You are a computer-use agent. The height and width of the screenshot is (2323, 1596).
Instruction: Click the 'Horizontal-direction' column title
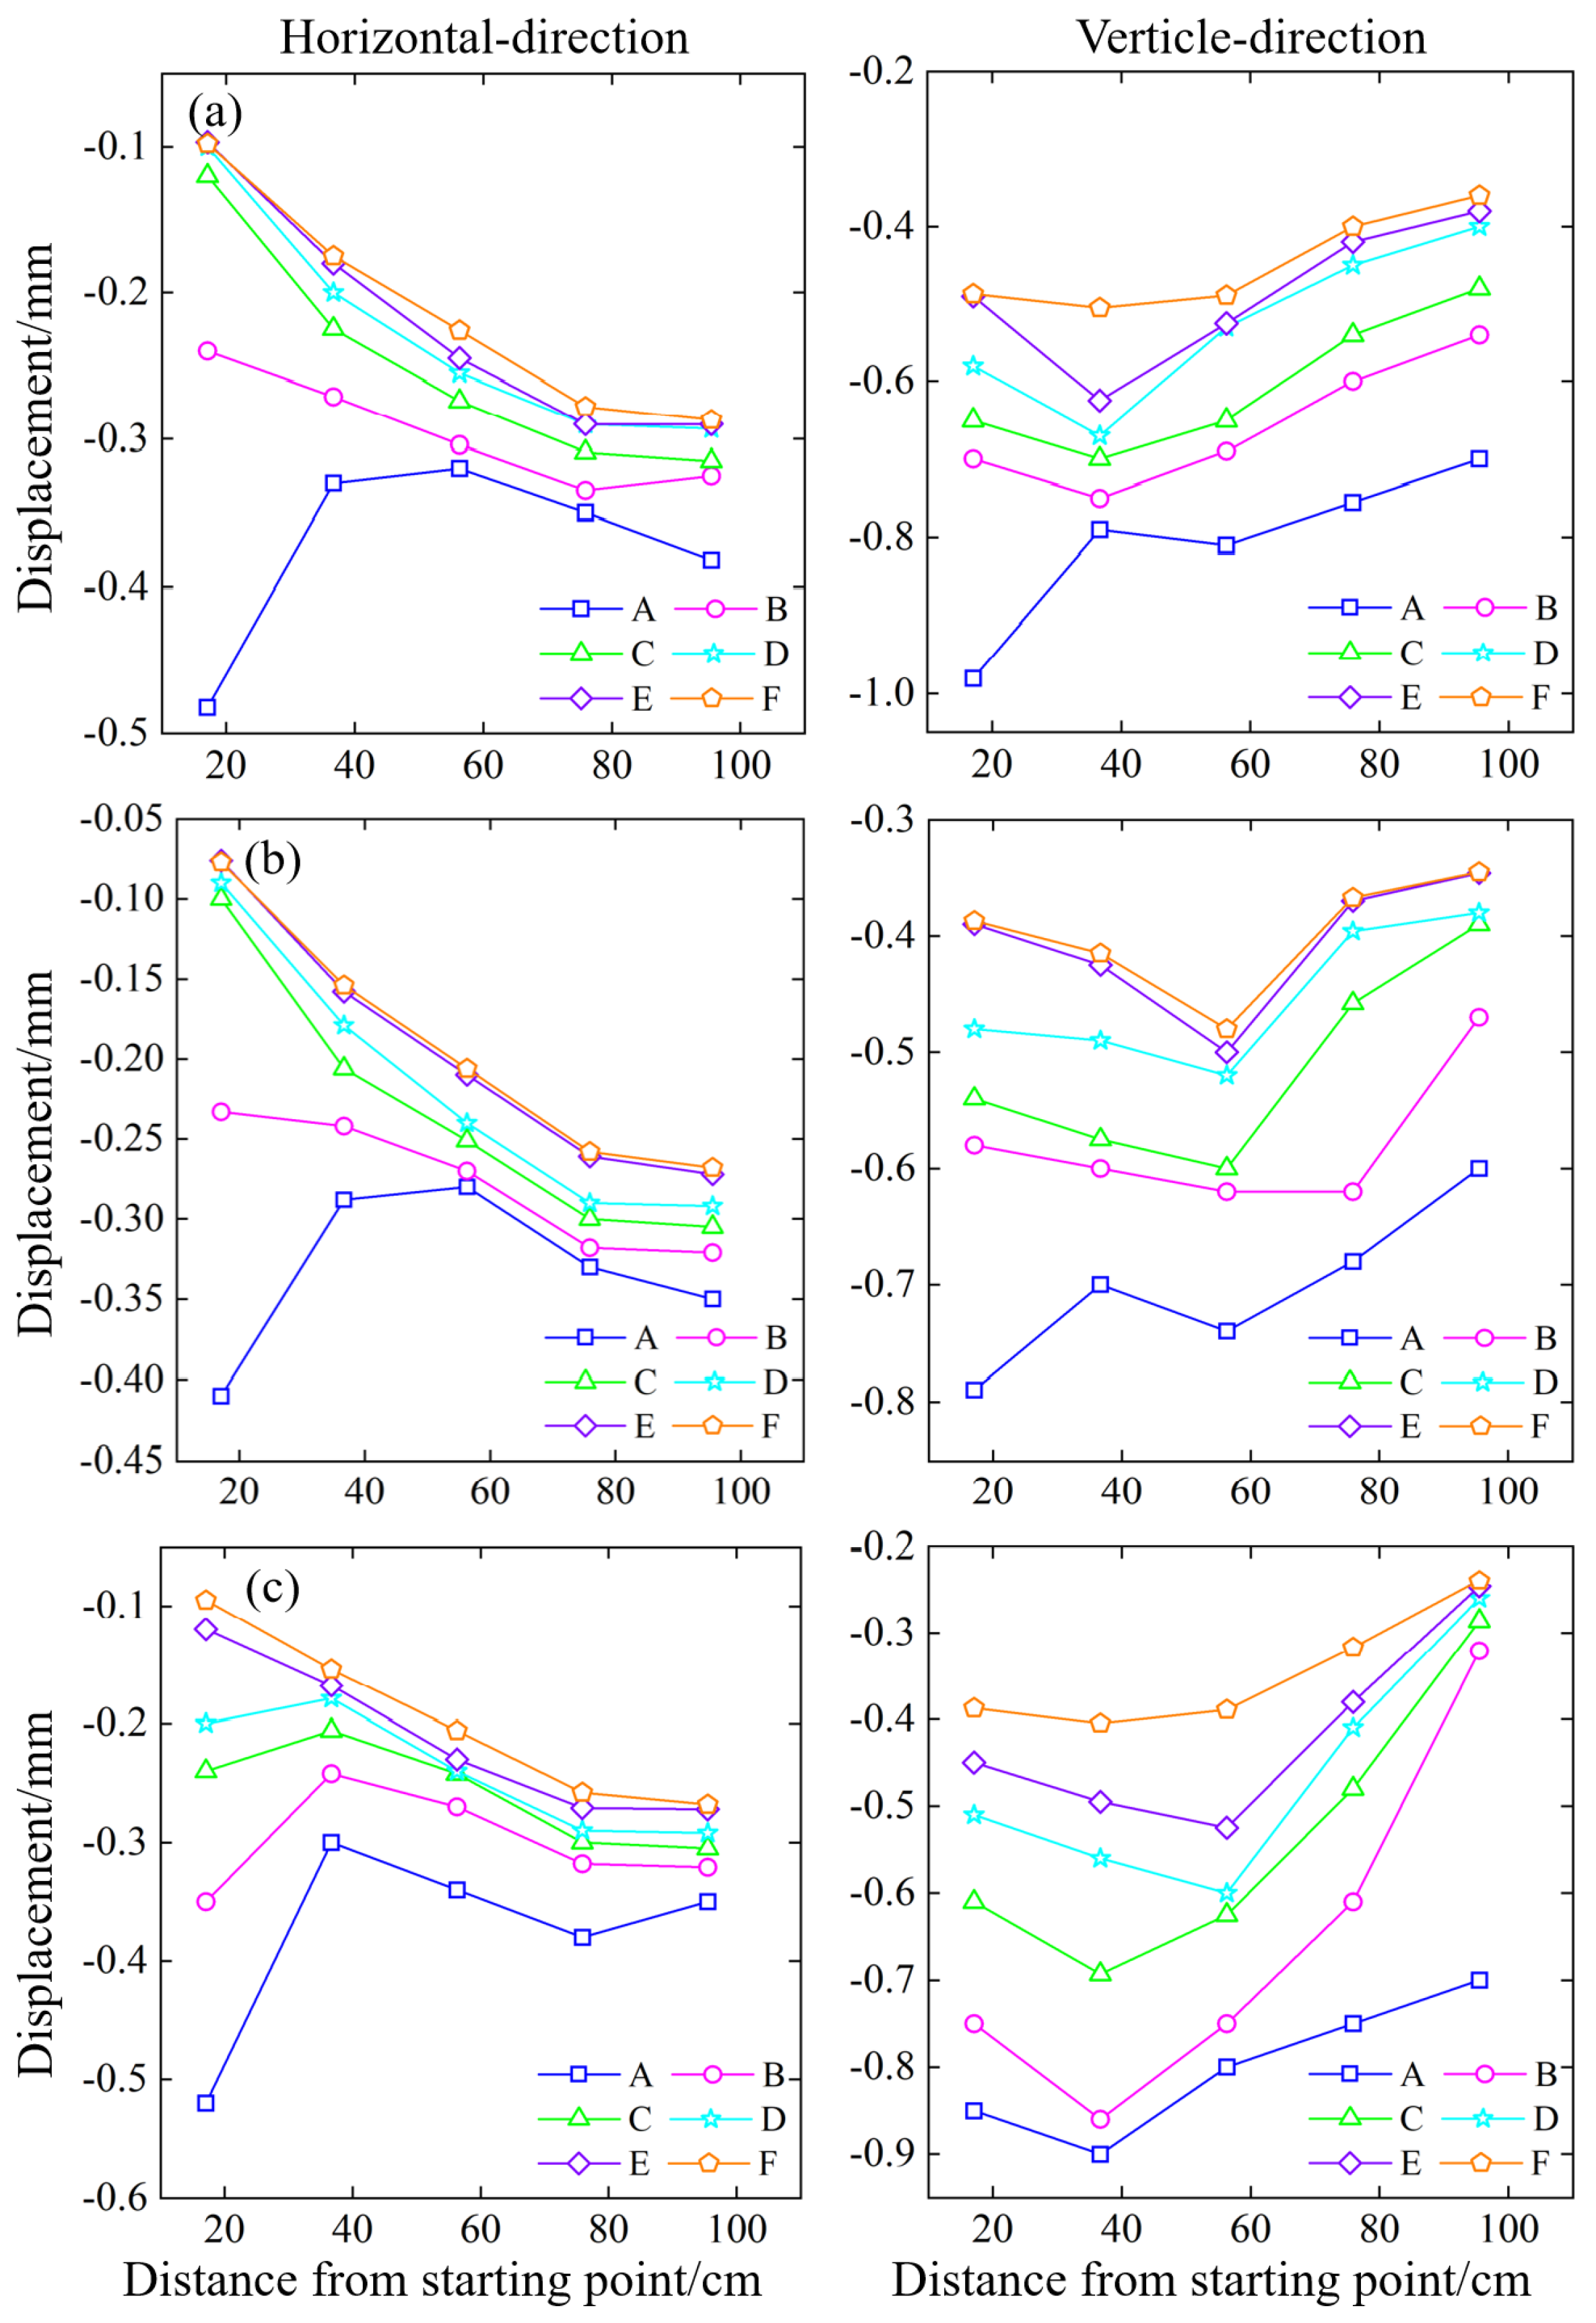coord(484,38)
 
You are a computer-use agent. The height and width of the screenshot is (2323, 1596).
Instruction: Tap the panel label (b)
coord(272,859)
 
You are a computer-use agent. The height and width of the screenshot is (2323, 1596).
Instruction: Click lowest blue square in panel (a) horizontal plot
coord(207,708)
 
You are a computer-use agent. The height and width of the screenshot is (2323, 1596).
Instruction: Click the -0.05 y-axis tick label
coord(121,819)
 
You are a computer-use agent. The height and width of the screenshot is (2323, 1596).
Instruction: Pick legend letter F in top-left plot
coord(770,699)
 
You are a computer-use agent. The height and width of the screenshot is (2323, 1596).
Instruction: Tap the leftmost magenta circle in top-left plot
coord(207,351)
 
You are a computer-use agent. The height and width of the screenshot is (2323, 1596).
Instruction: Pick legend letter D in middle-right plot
coord(1545,1382)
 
